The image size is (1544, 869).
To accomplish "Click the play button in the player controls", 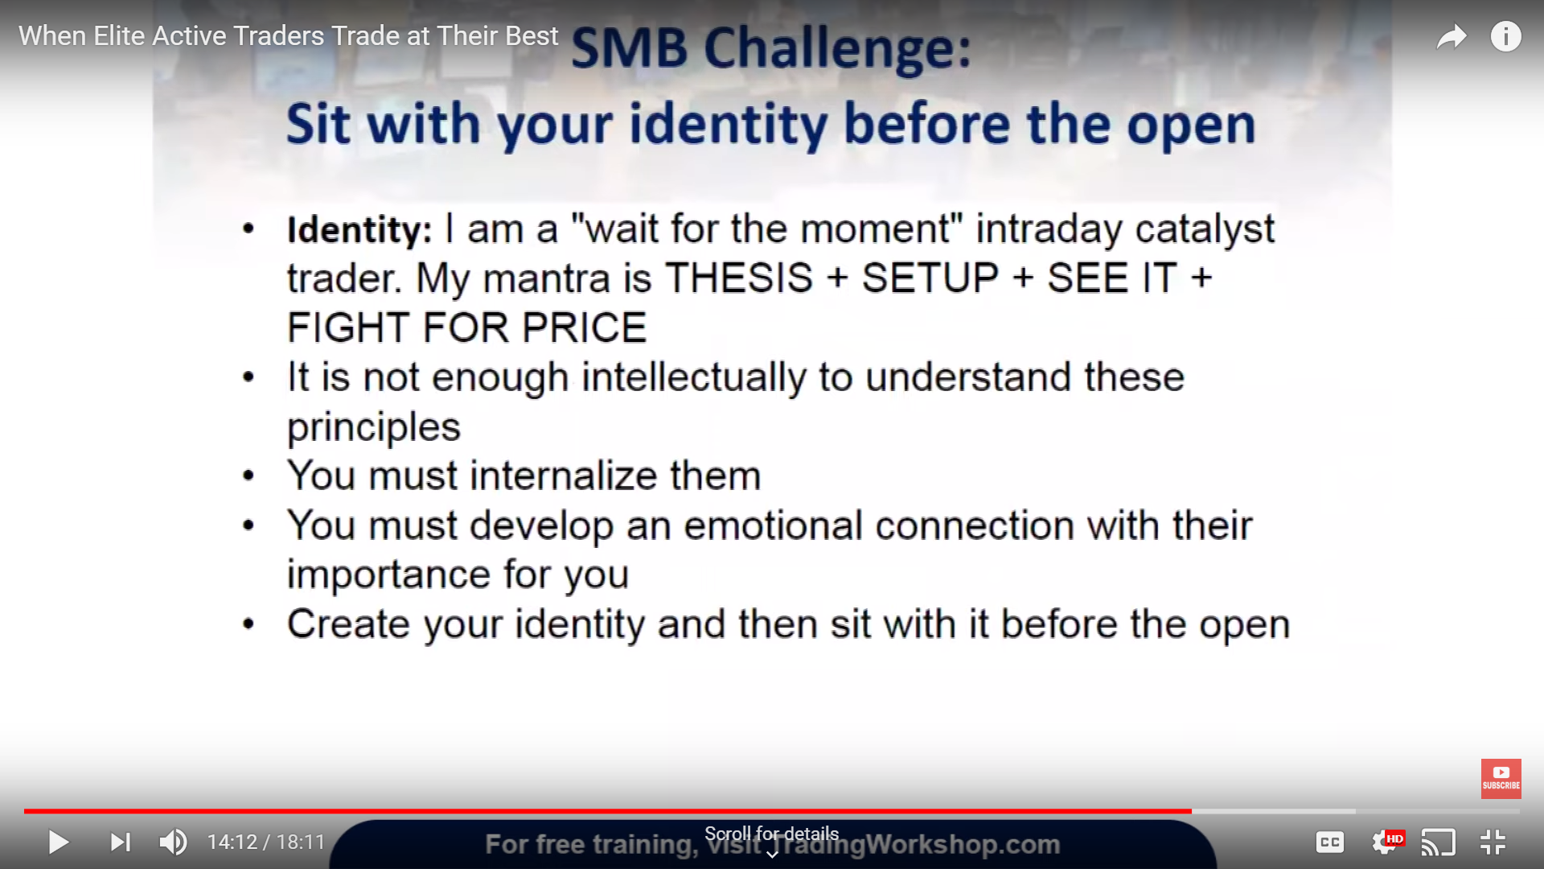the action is (x=59, y=842).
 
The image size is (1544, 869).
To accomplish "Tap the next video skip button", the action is (x=121, y=842).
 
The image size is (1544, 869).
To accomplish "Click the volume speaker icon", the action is (x=174, y=842).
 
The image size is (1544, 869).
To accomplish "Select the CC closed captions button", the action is (x=1330, y=842).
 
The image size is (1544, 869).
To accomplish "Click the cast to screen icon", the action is (x=1439, y=842).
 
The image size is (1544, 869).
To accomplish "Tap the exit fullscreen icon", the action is (x=1493, y=842).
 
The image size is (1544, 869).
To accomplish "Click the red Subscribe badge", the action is (x=1501, y=779).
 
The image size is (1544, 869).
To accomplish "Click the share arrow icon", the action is (x=1452, y=36).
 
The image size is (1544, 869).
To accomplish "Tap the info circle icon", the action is (x=1506, y=36).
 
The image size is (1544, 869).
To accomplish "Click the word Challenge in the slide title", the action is (x=837, y=48).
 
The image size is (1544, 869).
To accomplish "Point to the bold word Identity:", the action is (x=359, y=229).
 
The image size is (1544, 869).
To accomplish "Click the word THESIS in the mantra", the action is (x=739, y=278).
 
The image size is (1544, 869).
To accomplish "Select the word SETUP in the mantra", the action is (x=930, y=278).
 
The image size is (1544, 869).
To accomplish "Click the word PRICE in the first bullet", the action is (x=584, y=327).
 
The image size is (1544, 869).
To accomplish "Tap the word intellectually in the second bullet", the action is (x=693, y=378).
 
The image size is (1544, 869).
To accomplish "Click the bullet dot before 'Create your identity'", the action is (x=248, y=624).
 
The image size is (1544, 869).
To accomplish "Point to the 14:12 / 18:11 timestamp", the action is (x=266, y=842).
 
